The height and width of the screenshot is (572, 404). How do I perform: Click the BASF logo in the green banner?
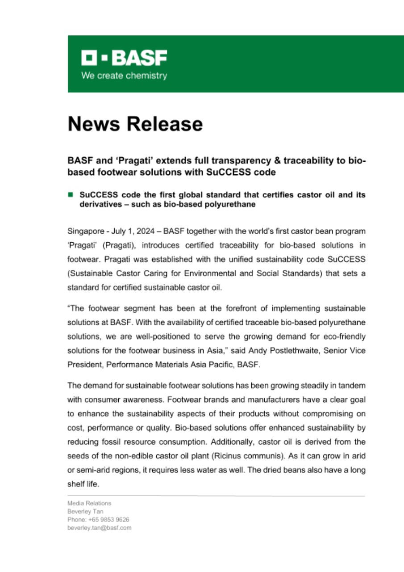(124, 58)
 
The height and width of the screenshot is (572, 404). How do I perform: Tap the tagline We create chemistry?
(124, 76)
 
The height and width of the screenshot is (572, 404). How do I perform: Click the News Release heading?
(135, 124)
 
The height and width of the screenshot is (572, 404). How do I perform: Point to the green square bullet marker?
(70, 195)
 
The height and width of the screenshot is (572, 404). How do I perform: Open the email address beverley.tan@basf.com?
(99, 527)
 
